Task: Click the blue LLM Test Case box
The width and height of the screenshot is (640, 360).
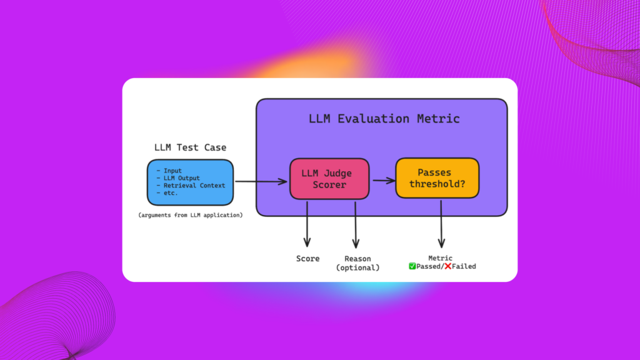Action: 190,182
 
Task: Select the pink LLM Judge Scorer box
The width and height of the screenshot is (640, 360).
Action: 329,179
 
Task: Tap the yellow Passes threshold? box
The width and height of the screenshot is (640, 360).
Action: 437,178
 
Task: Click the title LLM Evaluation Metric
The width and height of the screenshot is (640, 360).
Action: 384,119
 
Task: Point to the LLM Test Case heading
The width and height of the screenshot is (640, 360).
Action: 190,147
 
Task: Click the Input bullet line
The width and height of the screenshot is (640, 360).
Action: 169,171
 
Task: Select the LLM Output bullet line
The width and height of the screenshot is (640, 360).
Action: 178,178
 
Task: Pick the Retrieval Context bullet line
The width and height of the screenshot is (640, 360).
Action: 191,185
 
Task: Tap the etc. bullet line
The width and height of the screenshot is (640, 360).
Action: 167,192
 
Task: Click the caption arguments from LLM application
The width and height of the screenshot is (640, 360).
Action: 190,215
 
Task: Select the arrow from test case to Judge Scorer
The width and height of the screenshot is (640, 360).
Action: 261,181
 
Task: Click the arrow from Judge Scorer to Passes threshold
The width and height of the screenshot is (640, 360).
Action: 384,180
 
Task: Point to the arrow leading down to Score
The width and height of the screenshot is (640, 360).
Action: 307,224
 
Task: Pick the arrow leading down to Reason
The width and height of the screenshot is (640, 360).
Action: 356,224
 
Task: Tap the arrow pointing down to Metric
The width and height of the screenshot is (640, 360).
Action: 441,224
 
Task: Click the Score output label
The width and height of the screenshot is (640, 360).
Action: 307,259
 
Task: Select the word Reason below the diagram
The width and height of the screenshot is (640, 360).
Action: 357,259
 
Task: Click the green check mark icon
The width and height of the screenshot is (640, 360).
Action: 412,266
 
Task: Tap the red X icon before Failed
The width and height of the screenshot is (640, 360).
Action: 447,266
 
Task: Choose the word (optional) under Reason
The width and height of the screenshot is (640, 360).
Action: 357,267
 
